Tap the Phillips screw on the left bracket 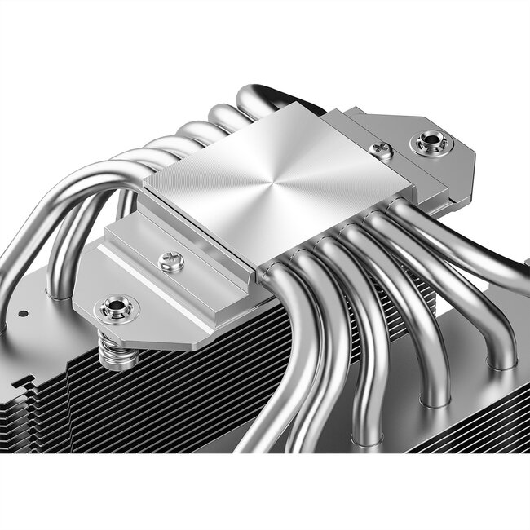[170, 262]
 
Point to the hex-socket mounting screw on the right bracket [430, 144]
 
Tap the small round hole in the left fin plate [23, 313]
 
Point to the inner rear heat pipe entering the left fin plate [60, 269]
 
